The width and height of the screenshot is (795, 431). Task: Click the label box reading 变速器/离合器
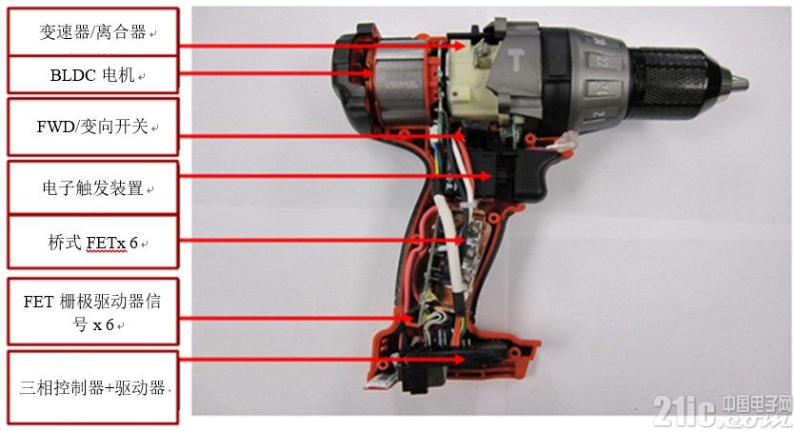click(93, 32)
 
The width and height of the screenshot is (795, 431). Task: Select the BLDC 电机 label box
click(93, 75)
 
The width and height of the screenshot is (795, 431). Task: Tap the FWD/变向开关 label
click(93, 127)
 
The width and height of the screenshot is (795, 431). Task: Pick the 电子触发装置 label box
click(93, 187)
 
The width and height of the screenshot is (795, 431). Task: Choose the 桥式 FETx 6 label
click(93, 242)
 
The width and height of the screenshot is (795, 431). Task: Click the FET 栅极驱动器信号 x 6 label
click(93, 312)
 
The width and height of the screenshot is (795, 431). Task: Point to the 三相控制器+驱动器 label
click(93, 388)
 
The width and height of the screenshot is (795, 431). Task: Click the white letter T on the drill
click(516, 61)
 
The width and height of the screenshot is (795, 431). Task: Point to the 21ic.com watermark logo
click(722, 410)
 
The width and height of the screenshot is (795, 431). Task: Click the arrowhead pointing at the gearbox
click(459, 46)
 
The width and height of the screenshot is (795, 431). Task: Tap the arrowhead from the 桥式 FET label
click(458, 240)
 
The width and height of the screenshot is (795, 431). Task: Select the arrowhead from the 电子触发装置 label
click(486, 176)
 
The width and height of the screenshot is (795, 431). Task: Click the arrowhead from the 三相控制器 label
click(458, 359)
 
